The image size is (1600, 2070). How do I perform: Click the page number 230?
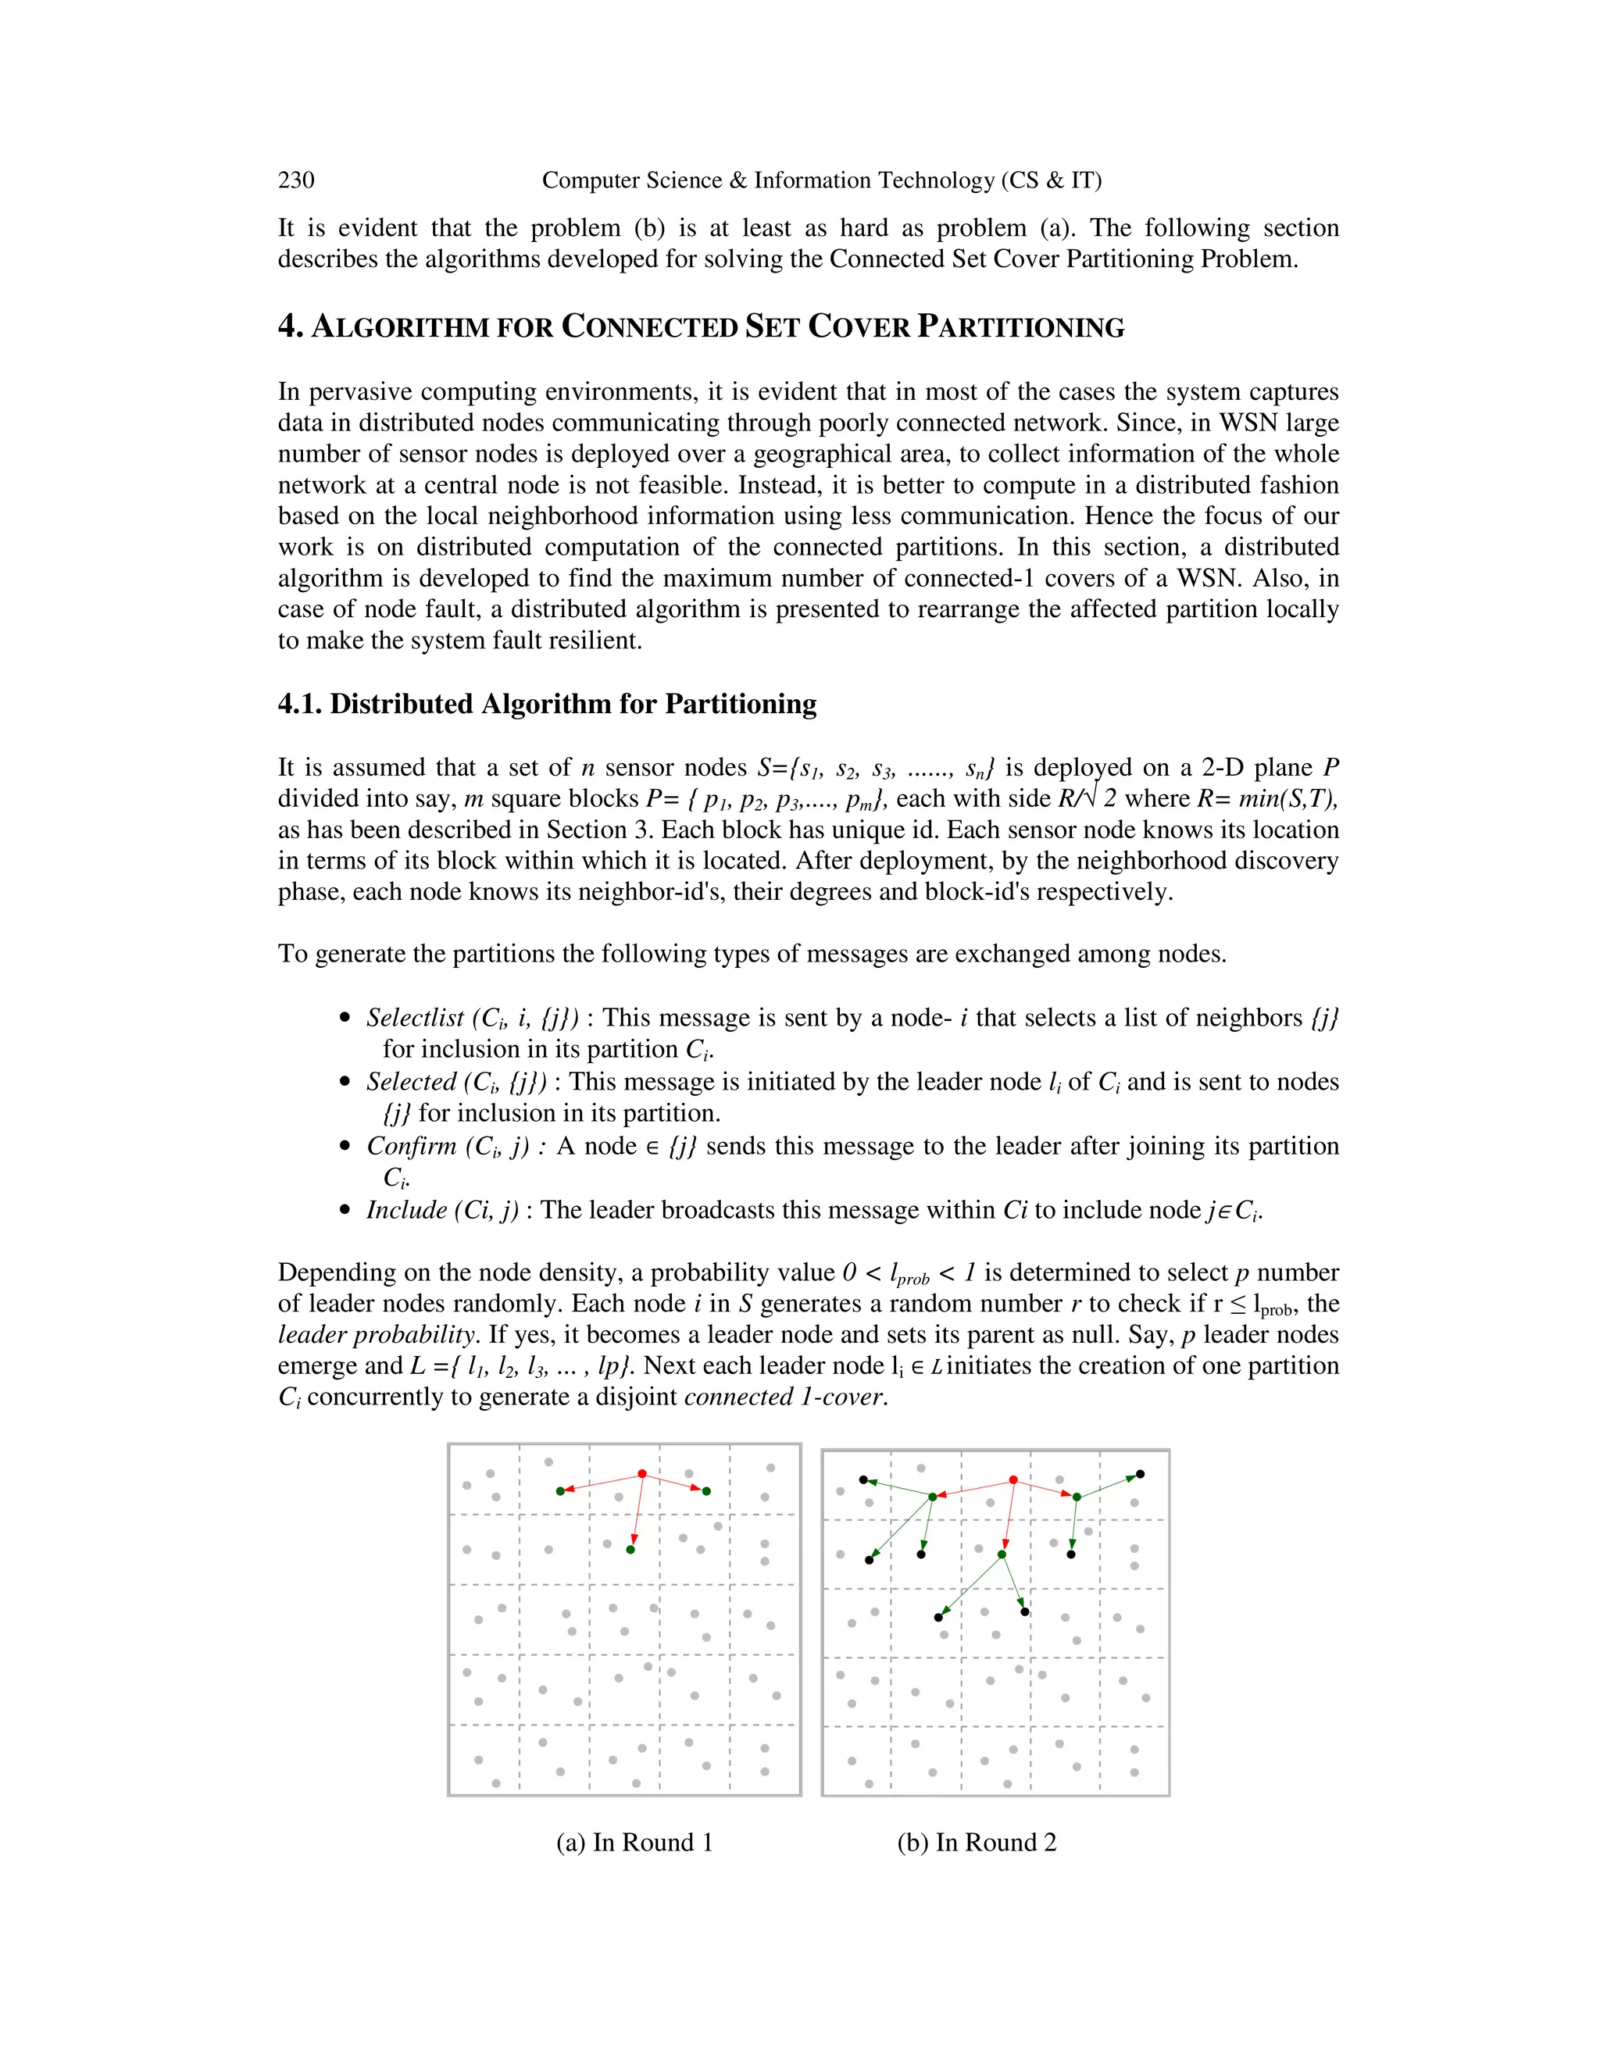pyautogui.click(x=296, y=180)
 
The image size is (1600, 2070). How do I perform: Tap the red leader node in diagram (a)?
pyautogui.click(x=643, y=1474)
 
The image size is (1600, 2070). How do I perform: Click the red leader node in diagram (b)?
pyautogui.click(x=1013, y=1480)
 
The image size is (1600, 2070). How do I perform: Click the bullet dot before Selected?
pyautogui.click(x=345, y=1083)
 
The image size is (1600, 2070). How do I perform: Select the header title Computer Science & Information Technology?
pyautogui.click(x=821, y=180)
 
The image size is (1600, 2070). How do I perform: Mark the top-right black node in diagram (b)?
pyautogui.click(x=1141, y=1475)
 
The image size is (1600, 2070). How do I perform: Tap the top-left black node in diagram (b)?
pyautogui.click(x=863, y=1479)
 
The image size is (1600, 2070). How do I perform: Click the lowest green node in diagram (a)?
pyautogui.click(x=630, y=1550)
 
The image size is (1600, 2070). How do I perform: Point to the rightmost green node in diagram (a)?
pyautogui.click(x=706, y=1492)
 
